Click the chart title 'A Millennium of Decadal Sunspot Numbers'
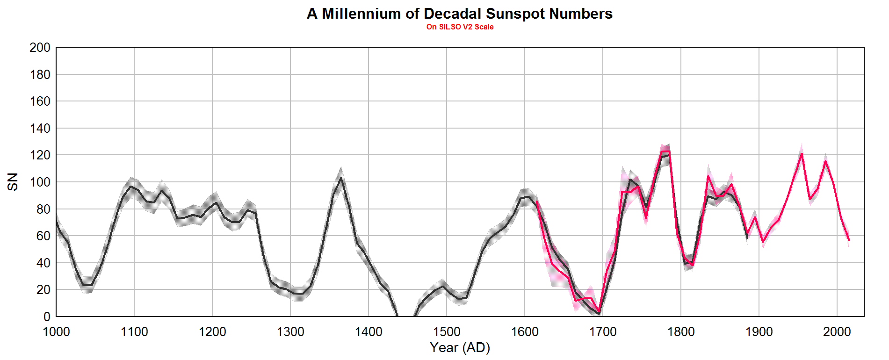[x=459, y=14]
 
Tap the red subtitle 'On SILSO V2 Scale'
[x=460, y=27]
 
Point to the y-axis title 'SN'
[x=13, y=181]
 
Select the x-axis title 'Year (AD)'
[x=460, y=347]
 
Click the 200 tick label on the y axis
[x=40, y=48]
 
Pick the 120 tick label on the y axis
[x=40, y=155]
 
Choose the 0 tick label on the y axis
[x=46, y=317]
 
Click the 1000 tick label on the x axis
[x=56, y=332]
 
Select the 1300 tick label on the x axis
[x=290, y=332]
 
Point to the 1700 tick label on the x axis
[x=603, y=332]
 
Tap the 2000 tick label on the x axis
[x=837, y=332]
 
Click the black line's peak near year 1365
[x=341, y=178]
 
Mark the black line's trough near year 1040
[x=87, y=285]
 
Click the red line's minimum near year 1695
[x=599, y=312]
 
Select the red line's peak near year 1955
[x=802, y=154]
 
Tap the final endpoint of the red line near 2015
[x=849, y=240]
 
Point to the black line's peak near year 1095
[x=130, y=186]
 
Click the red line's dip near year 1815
[x=693, y=265]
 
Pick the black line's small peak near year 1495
[x=442, y=286]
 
